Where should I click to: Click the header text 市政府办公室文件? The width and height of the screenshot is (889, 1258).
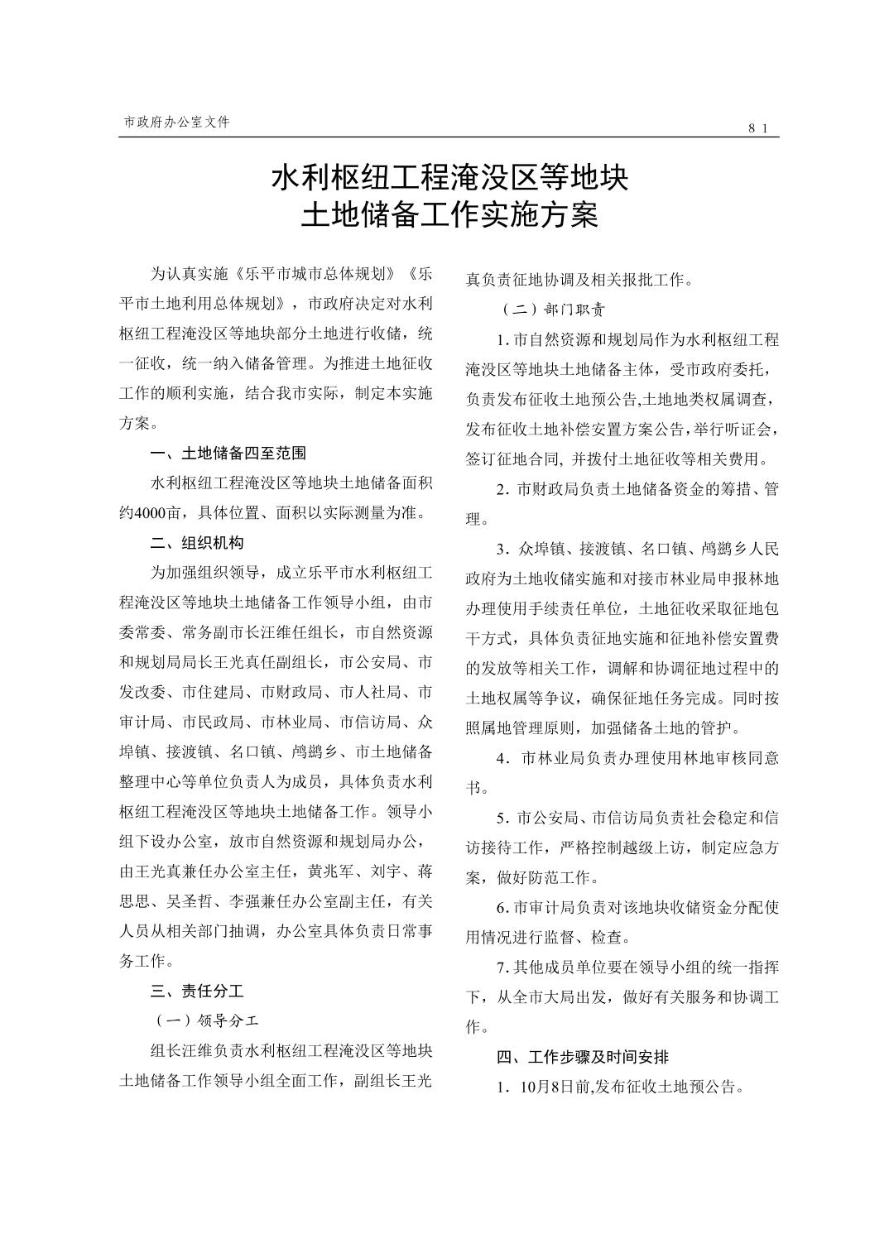click(x=175, y=122)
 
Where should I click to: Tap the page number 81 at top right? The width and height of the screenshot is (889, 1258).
click(x=759, y=127)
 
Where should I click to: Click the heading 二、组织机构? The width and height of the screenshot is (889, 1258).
click(x=197, y=543)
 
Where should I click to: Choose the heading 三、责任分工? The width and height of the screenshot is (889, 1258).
click(x=197, y=991)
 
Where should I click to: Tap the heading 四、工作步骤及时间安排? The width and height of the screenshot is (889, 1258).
click(x=583, y=1057)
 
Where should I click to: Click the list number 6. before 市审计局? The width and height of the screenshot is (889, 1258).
click(x=502, y=909)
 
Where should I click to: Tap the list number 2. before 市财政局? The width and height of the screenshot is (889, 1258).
click(x=502, y=490)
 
